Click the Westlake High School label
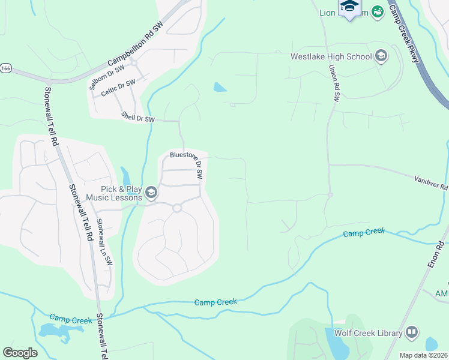click(x=331, y=57)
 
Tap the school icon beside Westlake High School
click(x=381, y=57)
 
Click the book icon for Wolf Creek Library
click(x=412, y=332)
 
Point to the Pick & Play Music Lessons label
click(x=114, y=193)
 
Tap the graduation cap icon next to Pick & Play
click(x=151, y=193)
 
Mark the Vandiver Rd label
click(x=431, y=182)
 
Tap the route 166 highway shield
click(x=5, y=68)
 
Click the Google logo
click(x=20, y=353)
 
